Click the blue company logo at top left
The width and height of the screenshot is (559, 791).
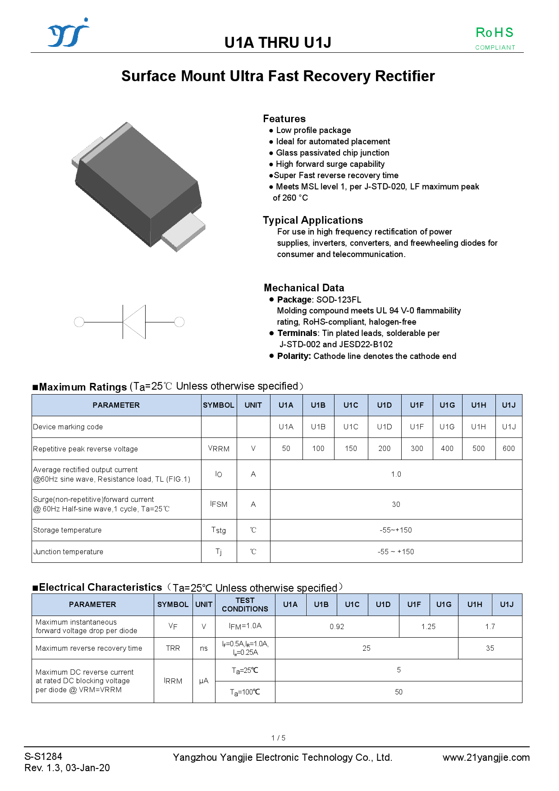pos(69,33)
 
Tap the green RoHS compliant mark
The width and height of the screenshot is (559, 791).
pos(495,37)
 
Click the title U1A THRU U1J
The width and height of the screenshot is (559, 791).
pos(278,42)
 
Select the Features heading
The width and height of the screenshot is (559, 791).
pos(284,119)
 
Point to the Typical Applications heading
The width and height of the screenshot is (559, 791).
pos(312,220)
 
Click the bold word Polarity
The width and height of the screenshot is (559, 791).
pos(293,356)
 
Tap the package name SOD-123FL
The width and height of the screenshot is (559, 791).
pos(338,299)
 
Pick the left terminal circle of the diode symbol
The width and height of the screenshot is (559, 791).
pos(79,322)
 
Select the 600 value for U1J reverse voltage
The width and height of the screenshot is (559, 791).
pos(509,448)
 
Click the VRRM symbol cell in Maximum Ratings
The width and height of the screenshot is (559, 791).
pos(219,448)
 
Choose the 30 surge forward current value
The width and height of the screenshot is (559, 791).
pos(396,504)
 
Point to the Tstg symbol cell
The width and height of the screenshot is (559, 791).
pos(219,530)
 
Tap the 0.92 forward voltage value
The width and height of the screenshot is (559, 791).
pos(337,626)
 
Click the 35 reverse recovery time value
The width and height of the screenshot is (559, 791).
pos(490,648)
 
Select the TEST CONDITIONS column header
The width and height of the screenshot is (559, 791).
pos(245,604)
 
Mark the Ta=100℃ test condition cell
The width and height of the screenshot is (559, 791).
pos(245,692)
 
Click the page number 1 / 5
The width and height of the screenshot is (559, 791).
pos(278,738)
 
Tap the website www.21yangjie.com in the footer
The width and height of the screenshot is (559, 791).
pos(486,757)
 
